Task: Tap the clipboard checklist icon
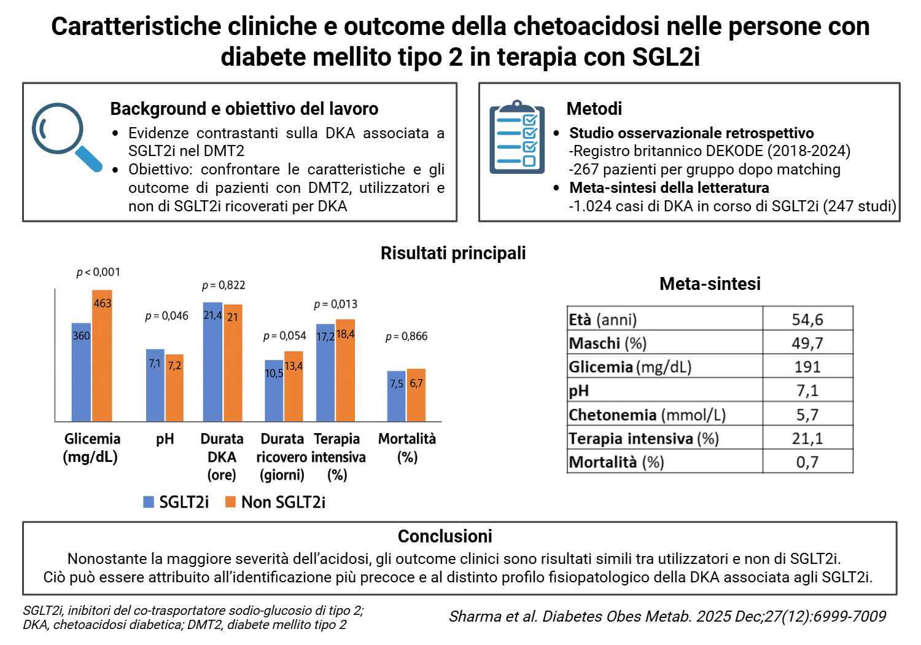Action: (x=517, y=137)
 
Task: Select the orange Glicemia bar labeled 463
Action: (x=102, y=356)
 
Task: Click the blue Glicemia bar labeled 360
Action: (x=81, y=372)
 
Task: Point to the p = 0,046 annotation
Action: (x=166, y=316)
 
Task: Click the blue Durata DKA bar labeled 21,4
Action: (x=212, y=362)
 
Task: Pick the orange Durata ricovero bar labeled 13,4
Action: (x=293, y=386)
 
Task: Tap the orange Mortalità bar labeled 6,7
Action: (x=416, y=395)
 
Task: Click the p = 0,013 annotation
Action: (x=335, y=305)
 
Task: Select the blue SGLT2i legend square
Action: (x=149, y=502)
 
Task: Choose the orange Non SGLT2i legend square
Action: (x=230, y=502)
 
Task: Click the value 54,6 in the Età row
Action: (x=807, y=319)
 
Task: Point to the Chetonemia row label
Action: (x=647, y=415)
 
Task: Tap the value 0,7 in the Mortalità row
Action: (x=807, y=463)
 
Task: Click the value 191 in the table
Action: (x=807, y=367)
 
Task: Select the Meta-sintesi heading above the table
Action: (x=710, y=283)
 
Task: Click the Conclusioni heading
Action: (x=445, y=536)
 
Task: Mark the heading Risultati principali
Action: (x=453, y=253)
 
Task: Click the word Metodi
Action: (x=594, y=109)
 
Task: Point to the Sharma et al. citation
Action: (x=667, y=616)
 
